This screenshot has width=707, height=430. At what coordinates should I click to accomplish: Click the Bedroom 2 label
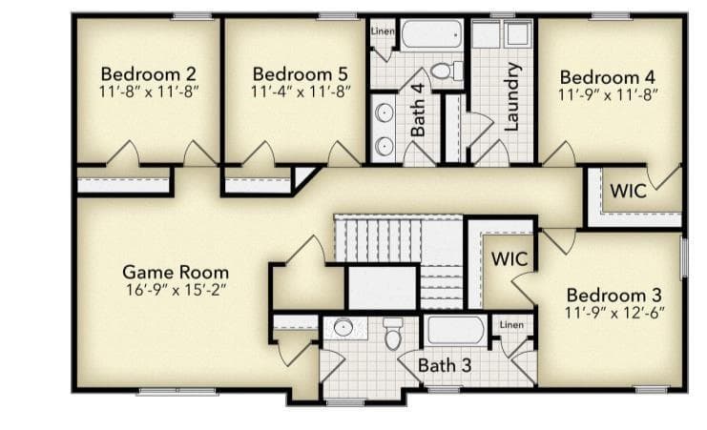pos(148,74)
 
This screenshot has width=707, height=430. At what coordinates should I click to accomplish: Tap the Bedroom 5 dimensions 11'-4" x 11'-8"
pos(301,92)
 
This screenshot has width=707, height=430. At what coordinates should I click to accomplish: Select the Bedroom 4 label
pos(608,77)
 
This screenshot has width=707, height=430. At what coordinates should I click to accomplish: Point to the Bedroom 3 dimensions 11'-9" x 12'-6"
pos(614,313)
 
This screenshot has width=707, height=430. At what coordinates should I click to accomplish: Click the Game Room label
pos(176,273)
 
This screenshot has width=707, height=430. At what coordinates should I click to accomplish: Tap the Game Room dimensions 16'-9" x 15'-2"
pos(176,290)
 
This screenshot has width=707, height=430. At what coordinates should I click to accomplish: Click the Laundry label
pos(511,96)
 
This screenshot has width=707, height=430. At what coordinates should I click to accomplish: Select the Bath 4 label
pos(418,110)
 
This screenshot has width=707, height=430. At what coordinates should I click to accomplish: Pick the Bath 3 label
pos(445,365)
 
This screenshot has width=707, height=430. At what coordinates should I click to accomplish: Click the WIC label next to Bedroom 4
pos(628,191)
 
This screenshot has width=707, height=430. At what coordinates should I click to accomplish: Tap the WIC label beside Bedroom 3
pos(509,259)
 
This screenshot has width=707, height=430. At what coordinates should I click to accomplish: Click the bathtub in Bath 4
pos(432,33)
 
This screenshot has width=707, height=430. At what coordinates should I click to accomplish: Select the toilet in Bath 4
pos(447,71)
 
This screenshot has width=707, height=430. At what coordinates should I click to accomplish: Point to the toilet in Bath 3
pos(393,334)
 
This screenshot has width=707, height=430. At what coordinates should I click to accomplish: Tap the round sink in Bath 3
pos(343,327)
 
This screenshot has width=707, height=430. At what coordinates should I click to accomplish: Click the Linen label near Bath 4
pos(383,31)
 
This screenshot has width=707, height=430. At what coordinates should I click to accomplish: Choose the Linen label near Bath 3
pos(511,324)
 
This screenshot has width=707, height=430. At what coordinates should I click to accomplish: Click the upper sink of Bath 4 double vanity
pos(385,113)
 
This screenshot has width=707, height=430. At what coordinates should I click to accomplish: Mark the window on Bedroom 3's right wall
pos(684,257)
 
